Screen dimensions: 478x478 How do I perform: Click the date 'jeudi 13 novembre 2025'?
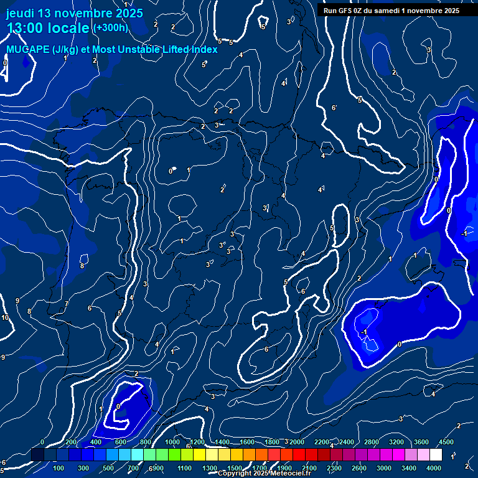(74, 13)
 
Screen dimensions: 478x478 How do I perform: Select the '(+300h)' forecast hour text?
(111, 28)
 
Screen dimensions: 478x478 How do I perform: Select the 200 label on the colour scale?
(71, 442)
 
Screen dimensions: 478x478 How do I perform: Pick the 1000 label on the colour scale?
(172, 442)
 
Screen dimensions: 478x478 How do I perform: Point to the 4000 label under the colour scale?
(434, 468)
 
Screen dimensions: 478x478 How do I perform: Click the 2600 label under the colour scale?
(358, 468)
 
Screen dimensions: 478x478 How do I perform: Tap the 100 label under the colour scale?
(59, 468)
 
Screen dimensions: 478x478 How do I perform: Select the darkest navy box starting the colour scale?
(37, 455)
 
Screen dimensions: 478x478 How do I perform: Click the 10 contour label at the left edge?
(5, 318)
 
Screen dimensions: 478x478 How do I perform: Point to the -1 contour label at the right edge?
(464, 233)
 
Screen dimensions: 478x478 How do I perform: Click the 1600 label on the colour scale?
(247, 442)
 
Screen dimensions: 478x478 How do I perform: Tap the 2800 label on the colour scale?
(371, 442)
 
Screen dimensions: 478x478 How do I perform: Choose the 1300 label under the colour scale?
(210, 468)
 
